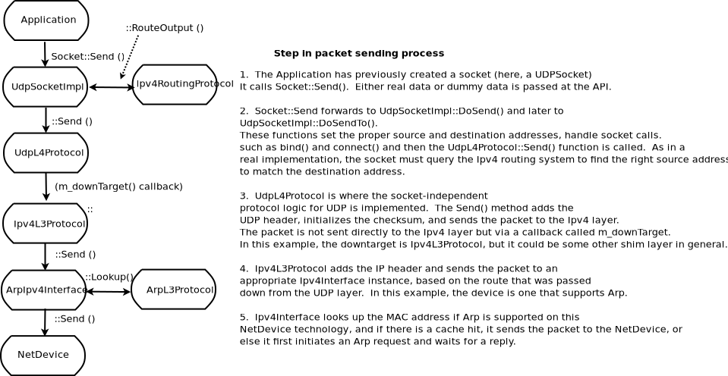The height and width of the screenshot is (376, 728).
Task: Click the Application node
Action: (46, 20)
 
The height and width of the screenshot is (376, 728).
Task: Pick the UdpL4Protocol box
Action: (46, 152)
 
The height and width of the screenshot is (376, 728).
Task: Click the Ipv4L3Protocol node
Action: (46, 223)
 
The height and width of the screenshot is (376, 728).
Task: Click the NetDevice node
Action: (43, 355)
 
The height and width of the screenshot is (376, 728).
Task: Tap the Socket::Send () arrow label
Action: (87, 56)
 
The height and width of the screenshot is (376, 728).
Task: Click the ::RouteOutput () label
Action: (165, 28)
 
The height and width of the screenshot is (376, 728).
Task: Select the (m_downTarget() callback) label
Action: (118, 186)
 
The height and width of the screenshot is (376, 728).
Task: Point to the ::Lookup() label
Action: (109, 277)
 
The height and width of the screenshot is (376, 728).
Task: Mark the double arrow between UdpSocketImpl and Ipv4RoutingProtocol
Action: (111, 87)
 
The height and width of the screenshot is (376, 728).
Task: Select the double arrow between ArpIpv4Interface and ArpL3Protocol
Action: (109, 291)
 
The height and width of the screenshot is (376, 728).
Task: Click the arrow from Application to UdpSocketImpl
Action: (46, 54)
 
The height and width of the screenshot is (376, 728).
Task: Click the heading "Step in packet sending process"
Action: (358, 54)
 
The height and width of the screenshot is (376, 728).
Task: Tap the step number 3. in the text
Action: (244, 196)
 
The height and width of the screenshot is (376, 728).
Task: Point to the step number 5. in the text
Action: (244, 317)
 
